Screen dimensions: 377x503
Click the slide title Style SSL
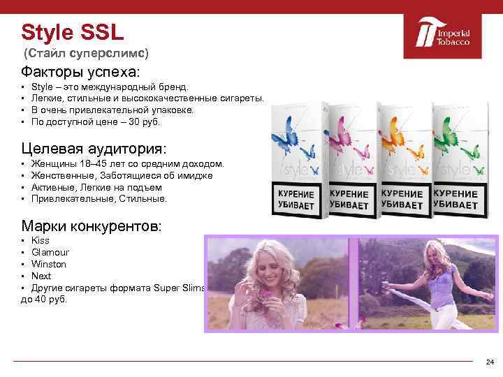72,32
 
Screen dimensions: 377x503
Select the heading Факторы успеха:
80,72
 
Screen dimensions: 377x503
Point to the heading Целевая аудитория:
94,149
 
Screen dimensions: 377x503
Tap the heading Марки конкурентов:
92,226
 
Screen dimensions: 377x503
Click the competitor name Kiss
41,241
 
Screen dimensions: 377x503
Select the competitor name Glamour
50,253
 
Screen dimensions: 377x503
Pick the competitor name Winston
49,265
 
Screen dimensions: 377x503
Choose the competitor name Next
41,276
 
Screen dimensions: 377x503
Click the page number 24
489,362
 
